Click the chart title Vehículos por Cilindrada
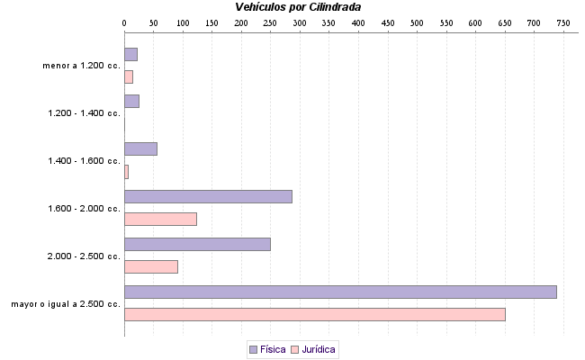pyautogui.click(x=297, y=7)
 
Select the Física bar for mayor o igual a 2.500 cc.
pyautogui.click(x=340, y=292)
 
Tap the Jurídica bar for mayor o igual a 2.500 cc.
pyautogui.click(x=314, y=314)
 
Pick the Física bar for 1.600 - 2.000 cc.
pyautogui.click(x=208, y=196)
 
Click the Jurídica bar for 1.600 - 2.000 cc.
pyautogui.click(x=160, y=219)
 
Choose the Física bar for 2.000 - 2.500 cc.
pyautogui.click(x=197, y=244)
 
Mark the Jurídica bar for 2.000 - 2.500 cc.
pyautogui.click(x=151, y=266)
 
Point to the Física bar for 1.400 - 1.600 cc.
pyautogui.click(x=140, y=148)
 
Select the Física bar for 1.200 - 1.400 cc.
pyautogui.click(x=131, y=101)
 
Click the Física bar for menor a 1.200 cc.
pyautogui.click(x=130, y=54)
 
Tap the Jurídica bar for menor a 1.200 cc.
pyautogui.click(x=129, y=76)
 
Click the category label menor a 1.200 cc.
pyautogui.click(x=81, y=66)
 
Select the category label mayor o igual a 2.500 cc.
pyautogui.click(x=66, y=303)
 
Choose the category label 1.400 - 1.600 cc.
pyautogui.click(x=84, y=161)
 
